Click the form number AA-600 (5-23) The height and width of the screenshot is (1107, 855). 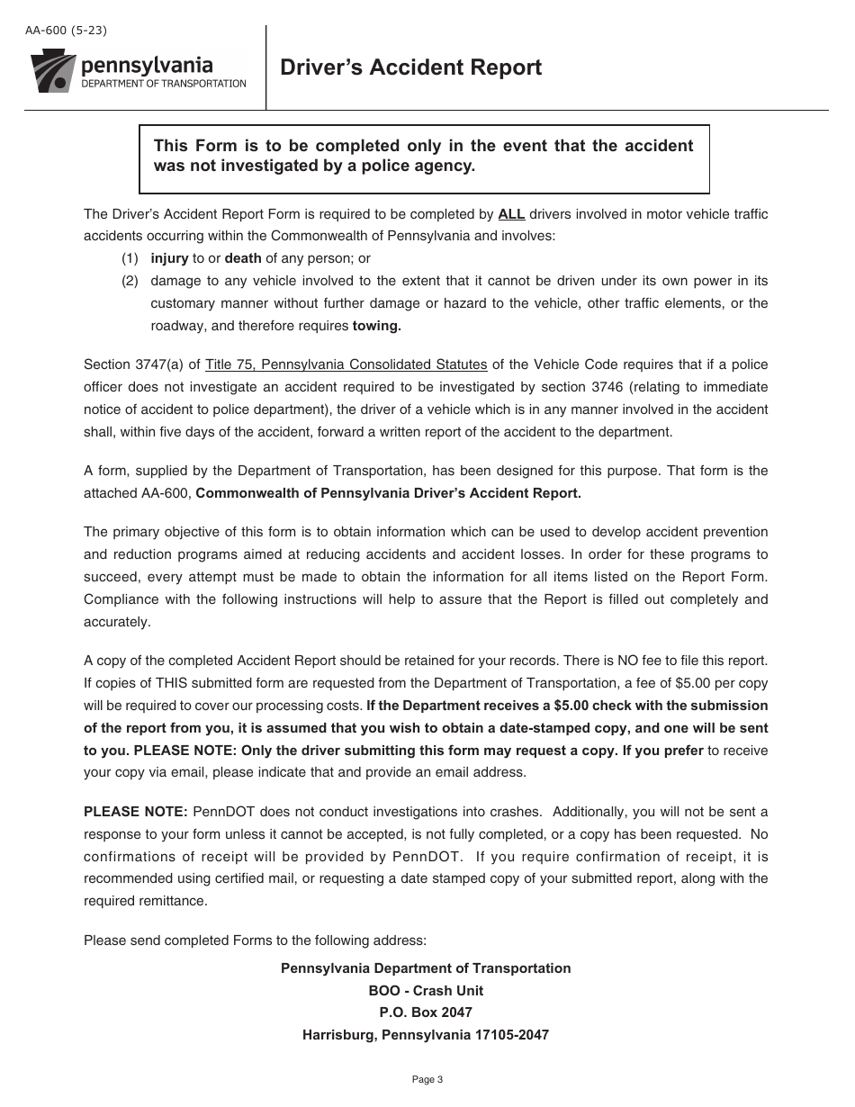67,31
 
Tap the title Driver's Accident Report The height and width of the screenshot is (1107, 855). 411,67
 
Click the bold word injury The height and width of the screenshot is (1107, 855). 169,258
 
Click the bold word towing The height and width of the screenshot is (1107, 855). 376,326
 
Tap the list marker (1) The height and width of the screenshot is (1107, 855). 130,258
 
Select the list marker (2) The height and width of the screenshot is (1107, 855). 130,281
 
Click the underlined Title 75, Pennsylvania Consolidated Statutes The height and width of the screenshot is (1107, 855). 346,364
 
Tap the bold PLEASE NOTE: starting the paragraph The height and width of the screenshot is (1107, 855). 136,812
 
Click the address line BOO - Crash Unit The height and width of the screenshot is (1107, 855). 426,991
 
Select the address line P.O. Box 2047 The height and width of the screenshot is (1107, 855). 426,1012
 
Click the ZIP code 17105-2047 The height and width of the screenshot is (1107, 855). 512,1035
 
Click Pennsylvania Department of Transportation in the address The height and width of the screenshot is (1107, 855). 426,968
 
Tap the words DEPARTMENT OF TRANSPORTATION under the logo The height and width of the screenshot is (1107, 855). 163,84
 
